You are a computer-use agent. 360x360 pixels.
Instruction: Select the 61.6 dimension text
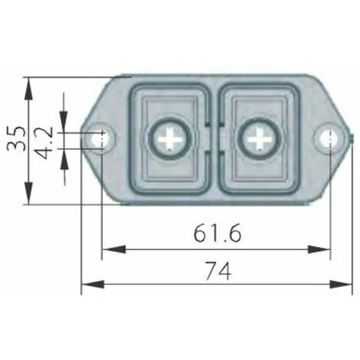(x=218, y=234)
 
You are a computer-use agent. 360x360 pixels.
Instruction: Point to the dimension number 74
(x=218, y=271)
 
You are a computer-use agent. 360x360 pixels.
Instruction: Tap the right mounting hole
(x=329, y=139)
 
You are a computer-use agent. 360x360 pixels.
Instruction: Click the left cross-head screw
(x=170, y=139)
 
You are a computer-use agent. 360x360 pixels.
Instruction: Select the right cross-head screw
(x=260, y=139)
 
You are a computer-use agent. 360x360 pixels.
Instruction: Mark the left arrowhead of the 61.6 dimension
(x=114, y=249)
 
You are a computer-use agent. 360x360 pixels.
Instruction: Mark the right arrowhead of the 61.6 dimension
(x=319, y=249)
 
